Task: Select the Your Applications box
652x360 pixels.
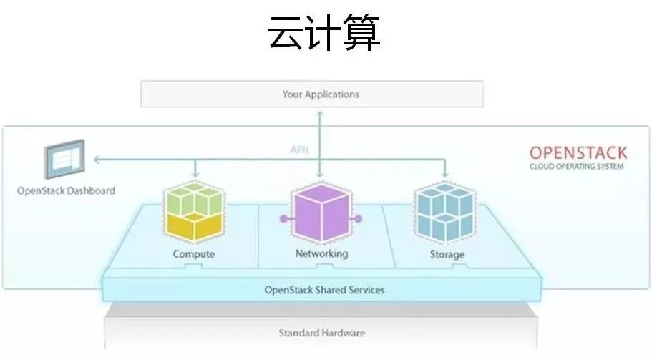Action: [x=311, y=94]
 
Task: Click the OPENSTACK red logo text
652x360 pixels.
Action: [x=578, y=152]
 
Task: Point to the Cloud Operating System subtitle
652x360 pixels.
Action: [x=577, y=167]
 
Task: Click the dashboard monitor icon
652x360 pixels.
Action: [x=64, y=160]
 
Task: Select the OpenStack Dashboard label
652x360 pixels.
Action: [x=66, y=191]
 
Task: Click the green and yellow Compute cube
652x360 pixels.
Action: [x=193, y=213]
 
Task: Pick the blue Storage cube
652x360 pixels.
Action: [x=445, y=213]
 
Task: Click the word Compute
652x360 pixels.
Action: [x=193, y=254]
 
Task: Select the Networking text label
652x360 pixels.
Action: [x=321, y=253]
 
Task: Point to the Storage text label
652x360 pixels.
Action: [x=447, y=254]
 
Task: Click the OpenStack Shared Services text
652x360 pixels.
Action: [x=324, y=290]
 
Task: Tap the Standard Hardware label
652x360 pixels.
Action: [x=321, y=333]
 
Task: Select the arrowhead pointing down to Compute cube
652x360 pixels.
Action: [x=194, y=175]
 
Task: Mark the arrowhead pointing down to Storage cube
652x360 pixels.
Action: [x=446, y=175]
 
